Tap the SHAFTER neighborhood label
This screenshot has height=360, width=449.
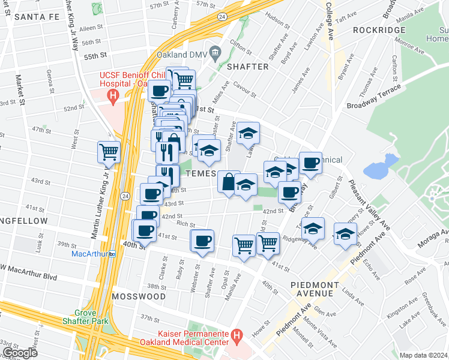(x=247, y=67)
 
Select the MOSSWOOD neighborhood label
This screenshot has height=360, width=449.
(x=139, y=296)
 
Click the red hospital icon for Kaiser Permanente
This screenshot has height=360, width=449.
(x=237, y=334)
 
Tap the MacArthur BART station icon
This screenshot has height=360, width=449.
(x=112, y=254)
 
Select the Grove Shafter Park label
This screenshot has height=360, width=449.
(x=91, y=317)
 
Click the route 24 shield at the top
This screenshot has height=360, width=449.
(x=222, y=16)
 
